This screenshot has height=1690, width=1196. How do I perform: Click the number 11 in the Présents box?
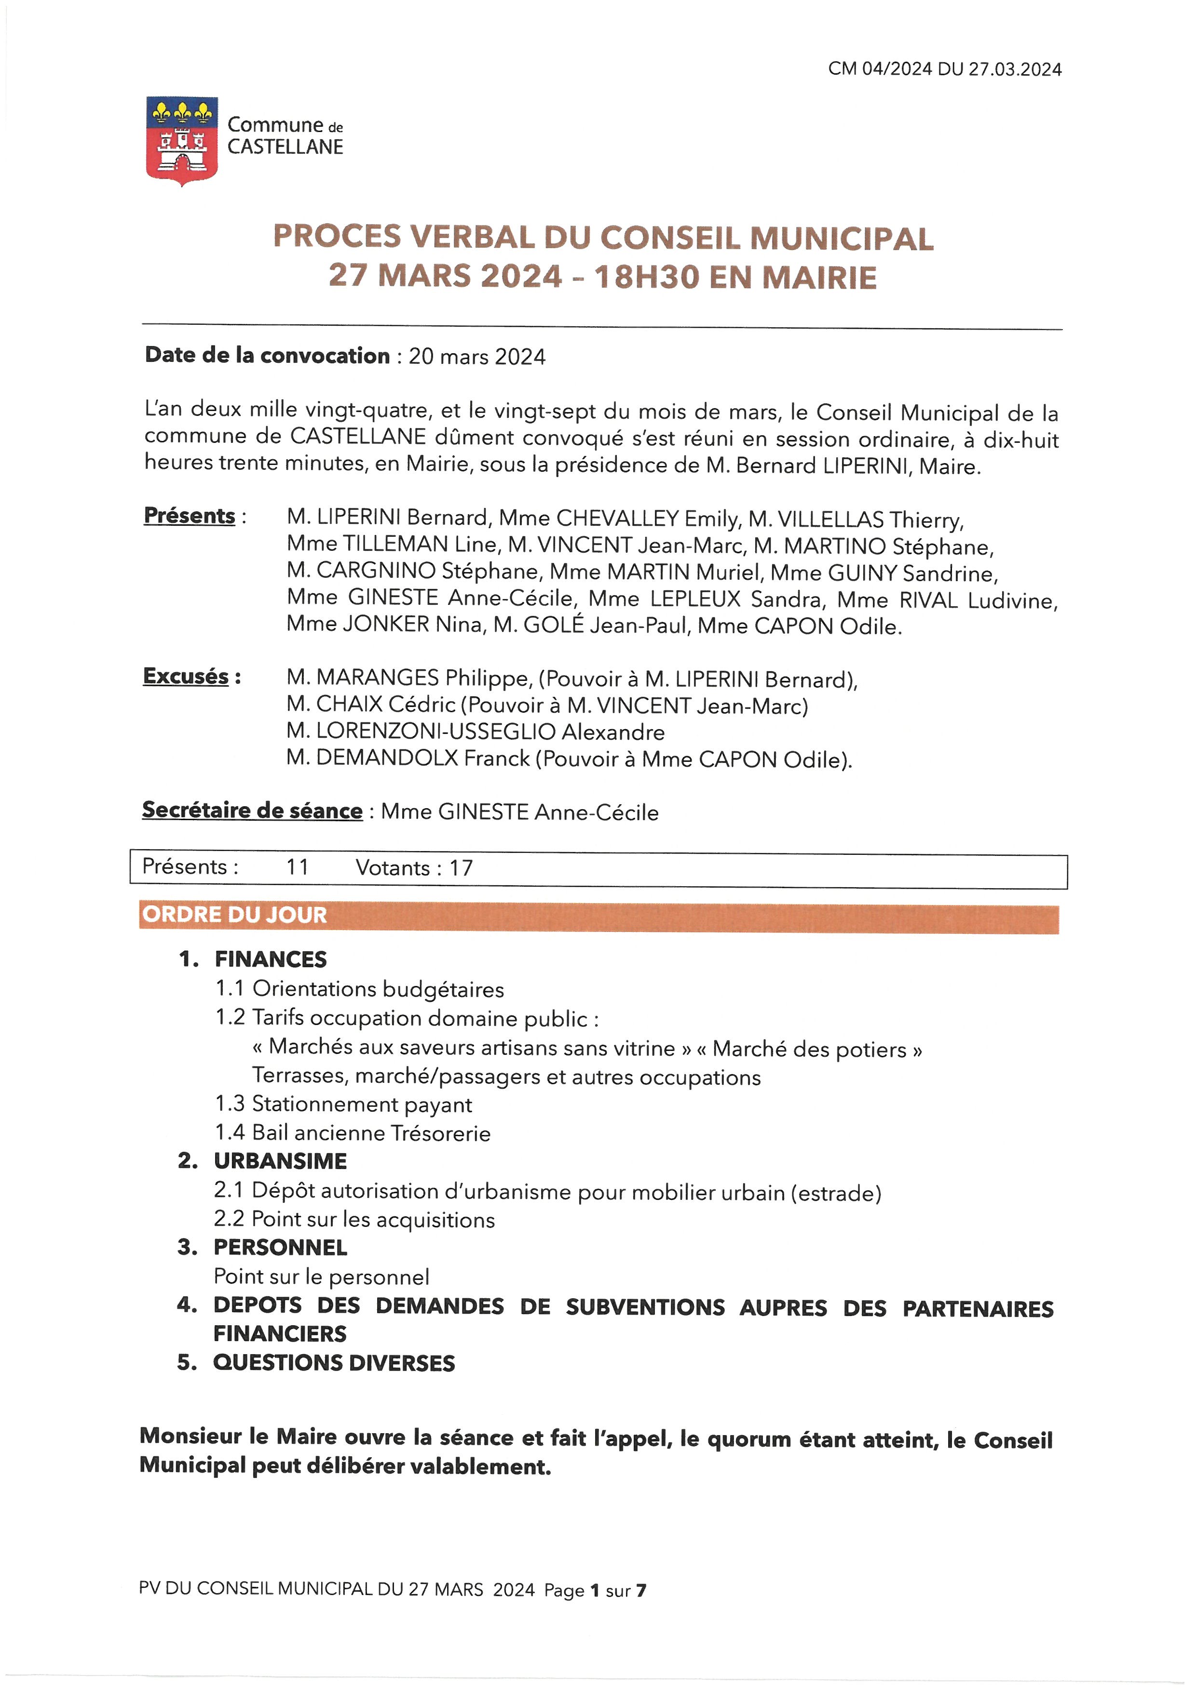(298, 867)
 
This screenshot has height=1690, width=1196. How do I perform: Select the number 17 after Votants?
(461, 868)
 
